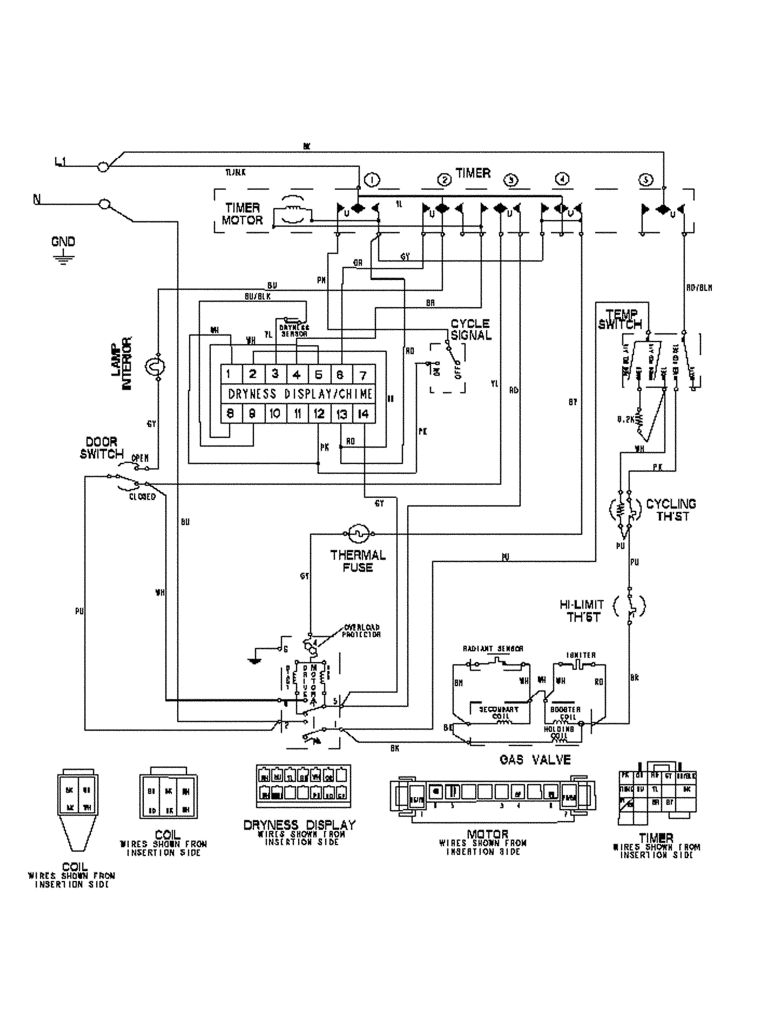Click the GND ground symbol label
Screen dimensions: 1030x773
63,242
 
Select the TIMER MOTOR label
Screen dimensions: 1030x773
242,214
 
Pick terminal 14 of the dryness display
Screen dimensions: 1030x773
363,413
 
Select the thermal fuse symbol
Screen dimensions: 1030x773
358,534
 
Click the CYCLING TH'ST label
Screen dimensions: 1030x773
671,510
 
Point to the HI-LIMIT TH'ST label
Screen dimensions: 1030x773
582,611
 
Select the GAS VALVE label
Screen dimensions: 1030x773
535,759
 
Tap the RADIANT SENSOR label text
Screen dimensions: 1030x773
493,649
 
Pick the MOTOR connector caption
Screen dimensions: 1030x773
488,834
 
